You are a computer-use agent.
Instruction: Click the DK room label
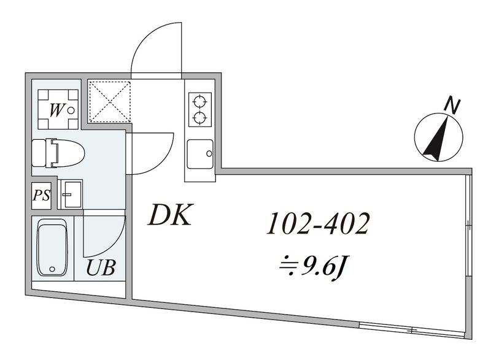tap(169, 215)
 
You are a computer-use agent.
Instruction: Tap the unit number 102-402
tap(318, 223)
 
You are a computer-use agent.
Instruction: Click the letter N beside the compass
tap(452, 105)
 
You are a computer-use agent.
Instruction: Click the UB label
tap(101, 268)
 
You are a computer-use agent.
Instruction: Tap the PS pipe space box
tap(41, 196)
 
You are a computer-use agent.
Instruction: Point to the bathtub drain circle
tap(52, 269)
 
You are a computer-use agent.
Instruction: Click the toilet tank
tap(39, 153)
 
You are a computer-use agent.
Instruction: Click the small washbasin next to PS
tap(70, 194)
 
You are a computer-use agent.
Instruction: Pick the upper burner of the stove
tap(200, 101)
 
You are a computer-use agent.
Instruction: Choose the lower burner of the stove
tap(200, 118)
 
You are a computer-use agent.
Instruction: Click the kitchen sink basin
tap(200, 154)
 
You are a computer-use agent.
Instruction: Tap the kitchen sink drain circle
tap(209, 153)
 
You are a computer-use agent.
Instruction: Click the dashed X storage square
tap(109, 101)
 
